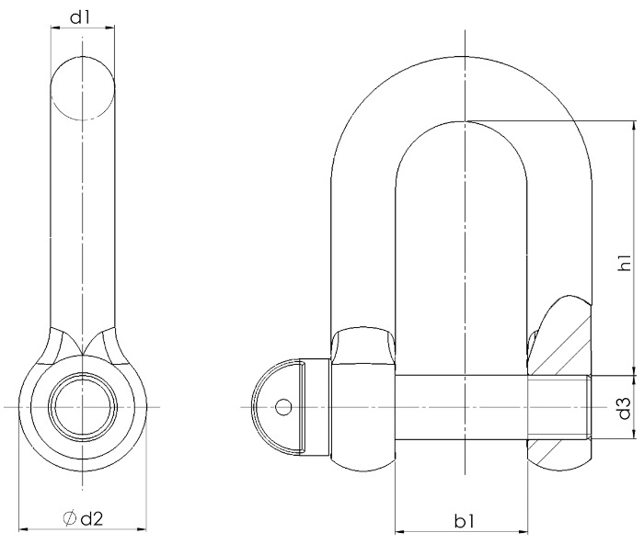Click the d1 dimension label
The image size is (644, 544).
click(80, 17)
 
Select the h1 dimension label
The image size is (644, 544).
click(625, 262)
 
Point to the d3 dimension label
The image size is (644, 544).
click(625, 408)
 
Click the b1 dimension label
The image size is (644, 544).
click(465, 522)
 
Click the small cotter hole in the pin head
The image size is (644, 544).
click(283, 407)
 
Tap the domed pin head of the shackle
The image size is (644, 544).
click(276, 407)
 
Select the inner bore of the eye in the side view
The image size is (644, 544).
click(83, 407)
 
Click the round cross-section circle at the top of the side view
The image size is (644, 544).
click(83, 88)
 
